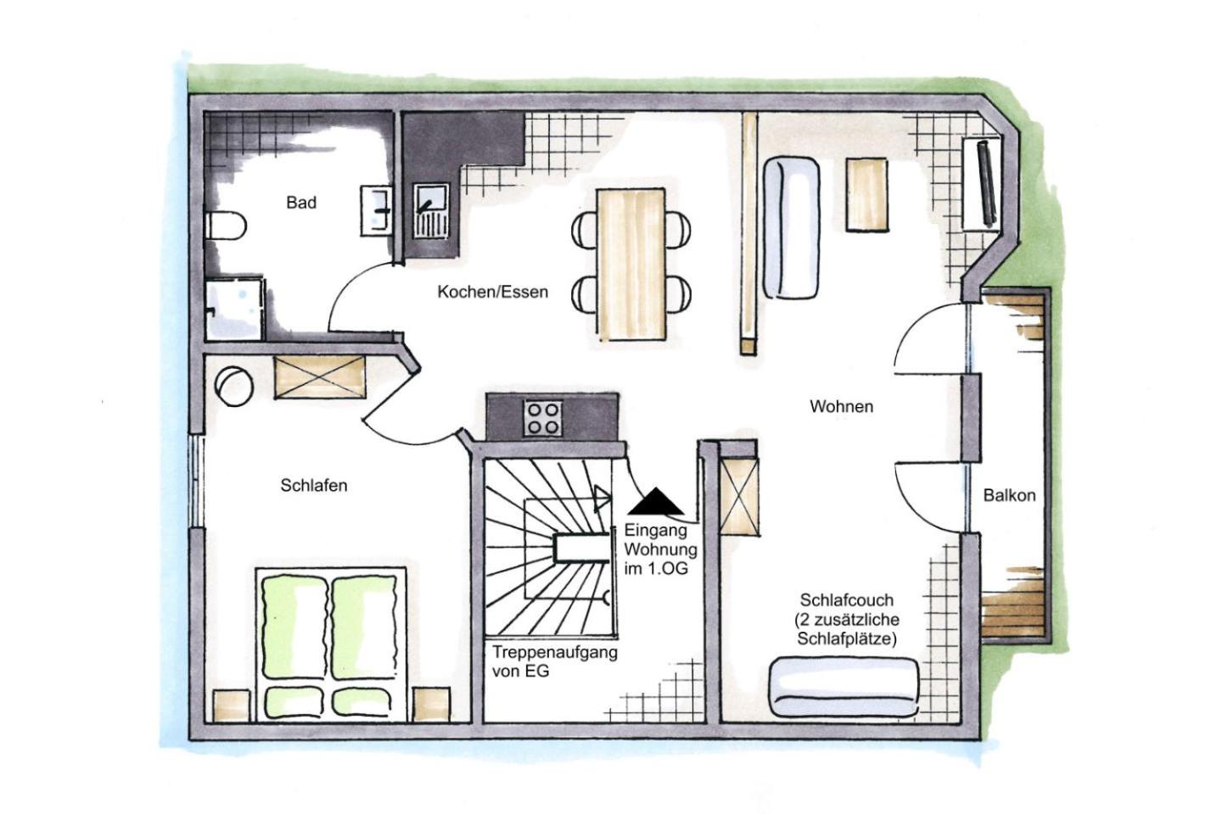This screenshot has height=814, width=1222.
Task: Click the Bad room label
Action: pyautogui.click(x=301, y=203)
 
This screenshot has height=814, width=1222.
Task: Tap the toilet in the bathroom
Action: pyautogui.click(x=226, y=226)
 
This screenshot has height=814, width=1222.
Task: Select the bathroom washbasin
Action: pyautogui.click(x=377, y=211)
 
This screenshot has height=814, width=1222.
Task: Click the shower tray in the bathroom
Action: pyautogui.click(x=234, y=309)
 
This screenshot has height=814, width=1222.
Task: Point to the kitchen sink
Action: pyautogui.click(x=430, y=211)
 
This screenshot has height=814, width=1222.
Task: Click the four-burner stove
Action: pyautogui.click(x=543, y=418)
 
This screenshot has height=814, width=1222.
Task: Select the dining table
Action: pyautogui.click(x=631, y=265)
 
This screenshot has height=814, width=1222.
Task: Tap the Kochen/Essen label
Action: pyautogui.click(x=492, y=293)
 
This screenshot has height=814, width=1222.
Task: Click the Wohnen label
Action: pyautogui.click(x=841, y=406)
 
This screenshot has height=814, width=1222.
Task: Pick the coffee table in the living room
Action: pyautogui.click(x=867, y=195)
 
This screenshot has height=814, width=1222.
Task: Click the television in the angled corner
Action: pyautogui.click(x=987, y=183)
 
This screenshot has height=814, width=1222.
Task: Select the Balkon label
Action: pyautogui.click(x=1009, y=495)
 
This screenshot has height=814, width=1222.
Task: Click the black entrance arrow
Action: pyautogui.click(x=656, y=501)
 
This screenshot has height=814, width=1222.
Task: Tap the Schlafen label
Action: pyautogui.click(x=314, y=485)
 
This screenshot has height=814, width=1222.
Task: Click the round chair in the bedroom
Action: pyautogui.click(x=234, y=386)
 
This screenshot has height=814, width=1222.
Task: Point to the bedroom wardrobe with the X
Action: pyautogui.click(x=320, y=377)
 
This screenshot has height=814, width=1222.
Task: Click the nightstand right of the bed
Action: pyautogui.click(x=431, y=705)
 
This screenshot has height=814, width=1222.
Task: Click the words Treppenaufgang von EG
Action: pyautogui.click(x=555, y=661)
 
